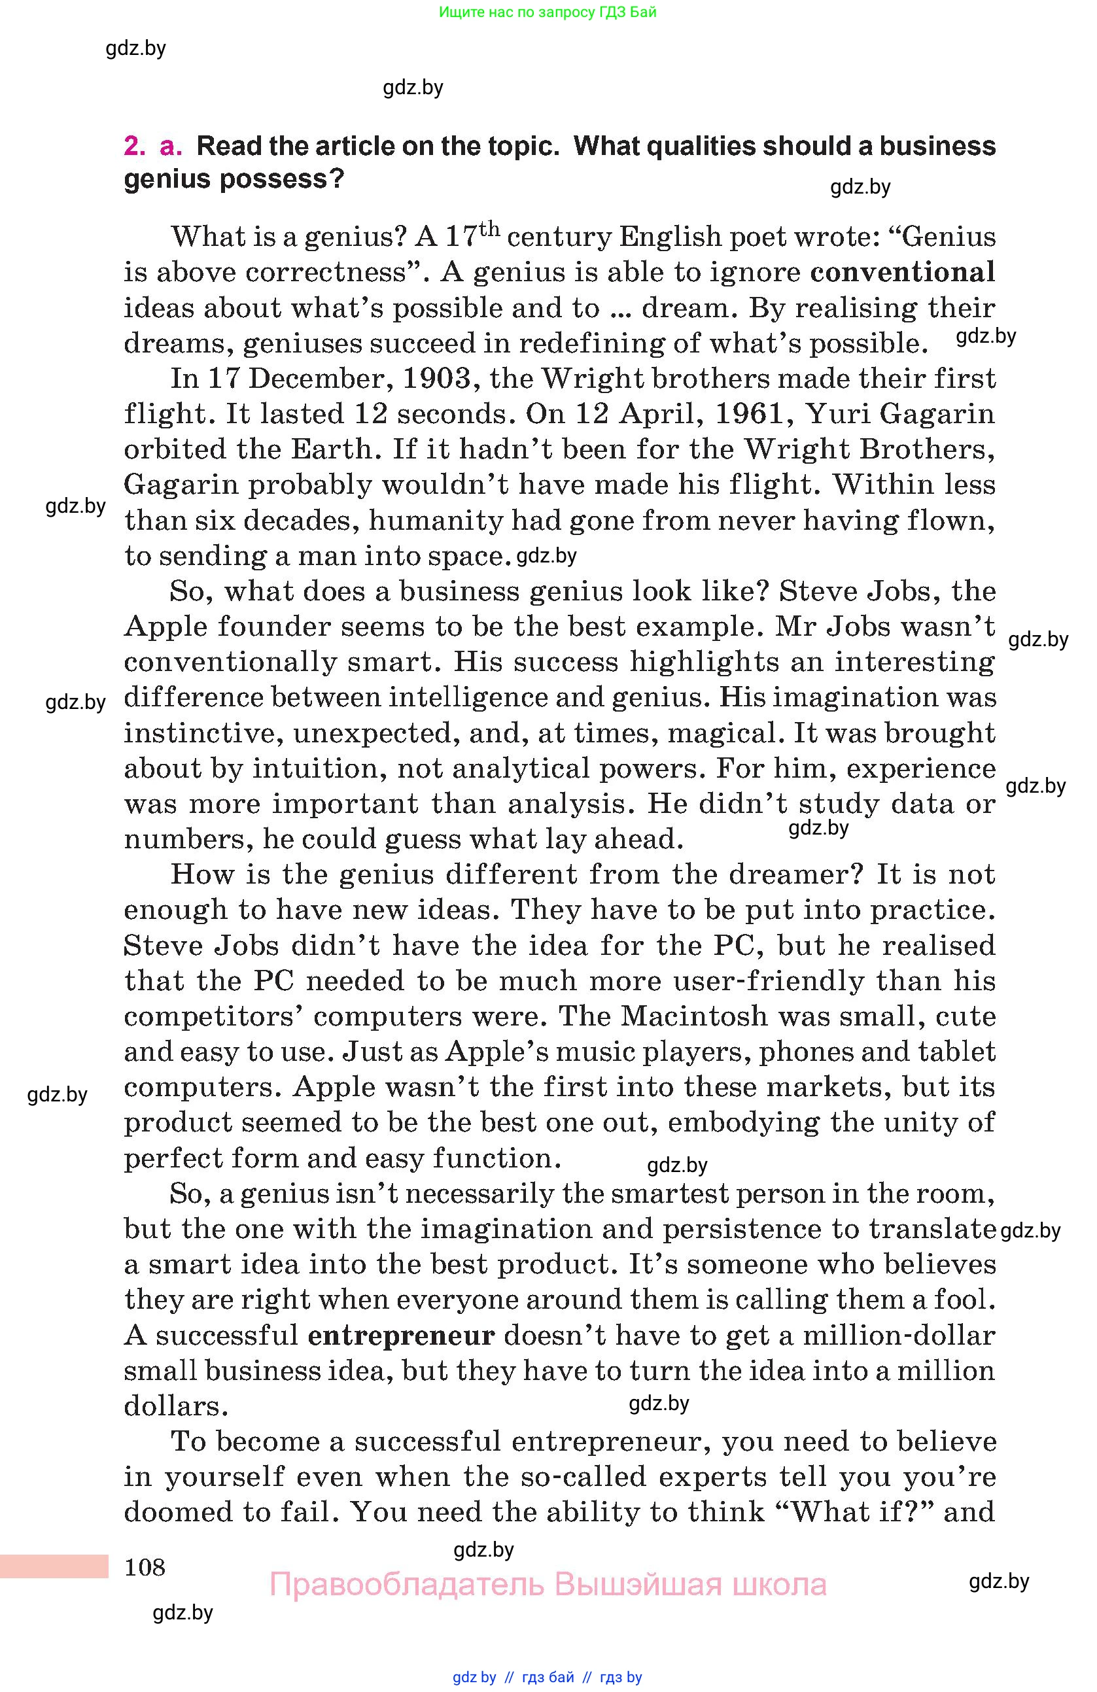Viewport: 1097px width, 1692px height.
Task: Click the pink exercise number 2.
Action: [x=133, y=146]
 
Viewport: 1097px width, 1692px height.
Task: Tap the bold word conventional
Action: [x=902, y=272]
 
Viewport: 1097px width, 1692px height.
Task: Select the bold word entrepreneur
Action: [x=401, y=1335]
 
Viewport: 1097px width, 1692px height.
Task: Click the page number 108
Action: [x=145, y=1566]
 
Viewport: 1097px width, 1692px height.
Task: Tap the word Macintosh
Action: [x=695, y=1016]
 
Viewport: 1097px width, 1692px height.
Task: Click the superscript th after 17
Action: [x=490, y=229]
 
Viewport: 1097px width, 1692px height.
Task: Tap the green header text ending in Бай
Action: [x=548, y=12]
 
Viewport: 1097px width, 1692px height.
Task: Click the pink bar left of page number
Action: [x=54, y=1566]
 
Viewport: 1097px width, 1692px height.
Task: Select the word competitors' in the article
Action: [x=213, y=1016]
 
